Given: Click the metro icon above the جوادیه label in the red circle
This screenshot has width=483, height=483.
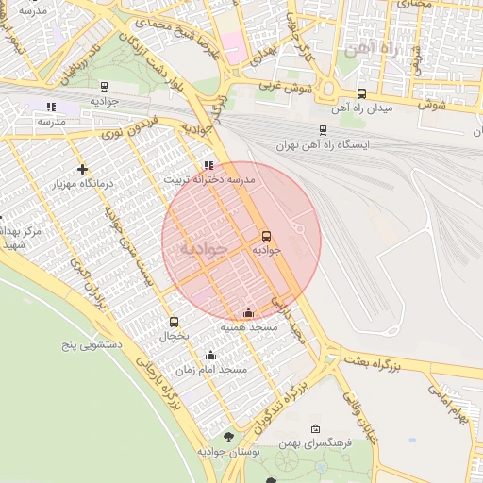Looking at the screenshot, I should coord(266,236).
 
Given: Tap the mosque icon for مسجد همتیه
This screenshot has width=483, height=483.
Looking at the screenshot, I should coord(248,312).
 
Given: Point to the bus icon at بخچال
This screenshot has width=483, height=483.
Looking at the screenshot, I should coord(174,322).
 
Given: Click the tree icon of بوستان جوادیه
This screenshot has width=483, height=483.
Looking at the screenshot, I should coord(229,437).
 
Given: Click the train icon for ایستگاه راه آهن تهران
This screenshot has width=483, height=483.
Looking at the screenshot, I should coord(324,130).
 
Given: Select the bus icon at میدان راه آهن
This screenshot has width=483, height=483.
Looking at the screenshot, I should coord(362,93).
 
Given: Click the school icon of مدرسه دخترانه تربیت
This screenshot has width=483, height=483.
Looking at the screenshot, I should coord(208,164).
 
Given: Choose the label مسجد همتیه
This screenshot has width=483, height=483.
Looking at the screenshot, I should coord(249,326).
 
